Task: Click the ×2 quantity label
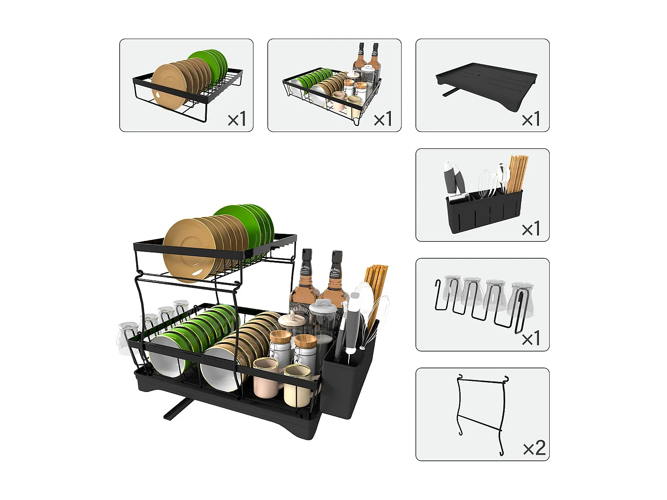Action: click(x=534, y=448)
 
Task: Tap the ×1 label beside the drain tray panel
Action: click(x=531, y=119)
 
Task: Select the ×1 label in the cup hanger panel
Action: click(x=531, y=339)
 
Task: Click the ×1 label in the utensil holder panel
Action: click(x=531, y=229)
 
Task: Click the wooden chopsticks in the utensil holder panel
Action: click(x=518, y=173)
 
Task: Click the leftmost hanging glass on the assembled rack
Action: click(x=127, y=338)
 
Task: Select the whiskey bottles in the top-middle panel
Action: click(x=367, y=58)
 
